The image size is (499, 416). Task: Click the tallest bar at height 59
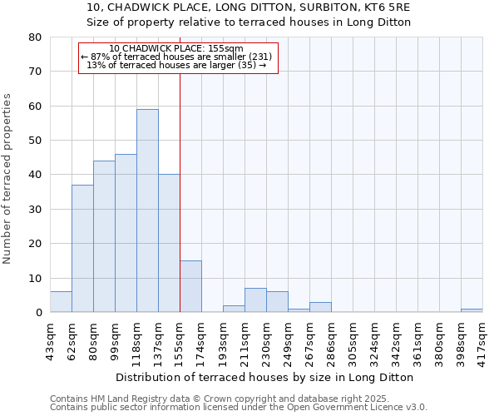pyautogui.click(x=147, y=210)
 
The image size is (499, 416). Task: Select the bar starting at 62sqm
pyautogui.click(x=82, y=249)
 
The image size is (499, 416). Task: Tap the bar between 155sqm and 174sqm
pyautogui.click(x=190, y=286)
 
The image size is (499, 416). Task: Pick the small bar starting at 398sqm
pyautogui.click(x=472, y=310)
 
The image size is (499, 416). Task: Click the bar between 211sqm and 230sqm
pyautogui.click(x=255, y=300)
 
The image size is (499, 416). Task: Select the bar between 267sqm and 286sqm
pyautogui.click(x=320, y=307)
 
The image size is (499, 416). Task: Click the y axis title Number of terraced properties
pyautogui.click(x=7, y=178)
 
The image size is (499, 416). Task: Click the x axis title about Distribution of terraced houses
pyautogui.click(x=265, y=377)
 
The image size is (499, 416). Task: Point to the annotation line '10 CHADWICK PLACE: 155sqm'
pyautogui.click(x=176, y=49)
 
